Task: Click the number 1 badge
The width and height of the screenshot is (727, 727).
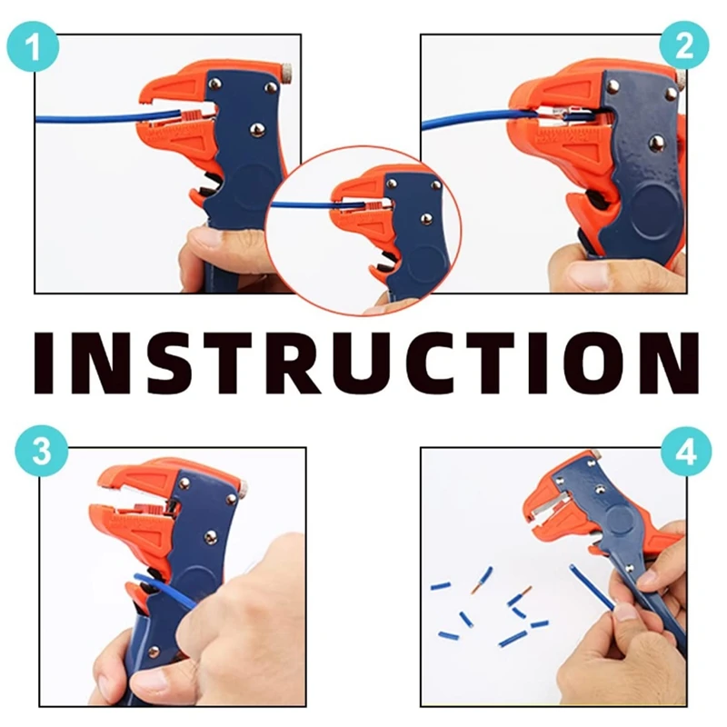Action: point(35,45)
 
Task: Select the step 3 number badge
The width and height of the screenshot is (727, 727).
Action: point(43,451)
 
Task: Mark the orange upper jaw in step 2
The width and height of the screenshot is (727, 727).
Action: point(563,91)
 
